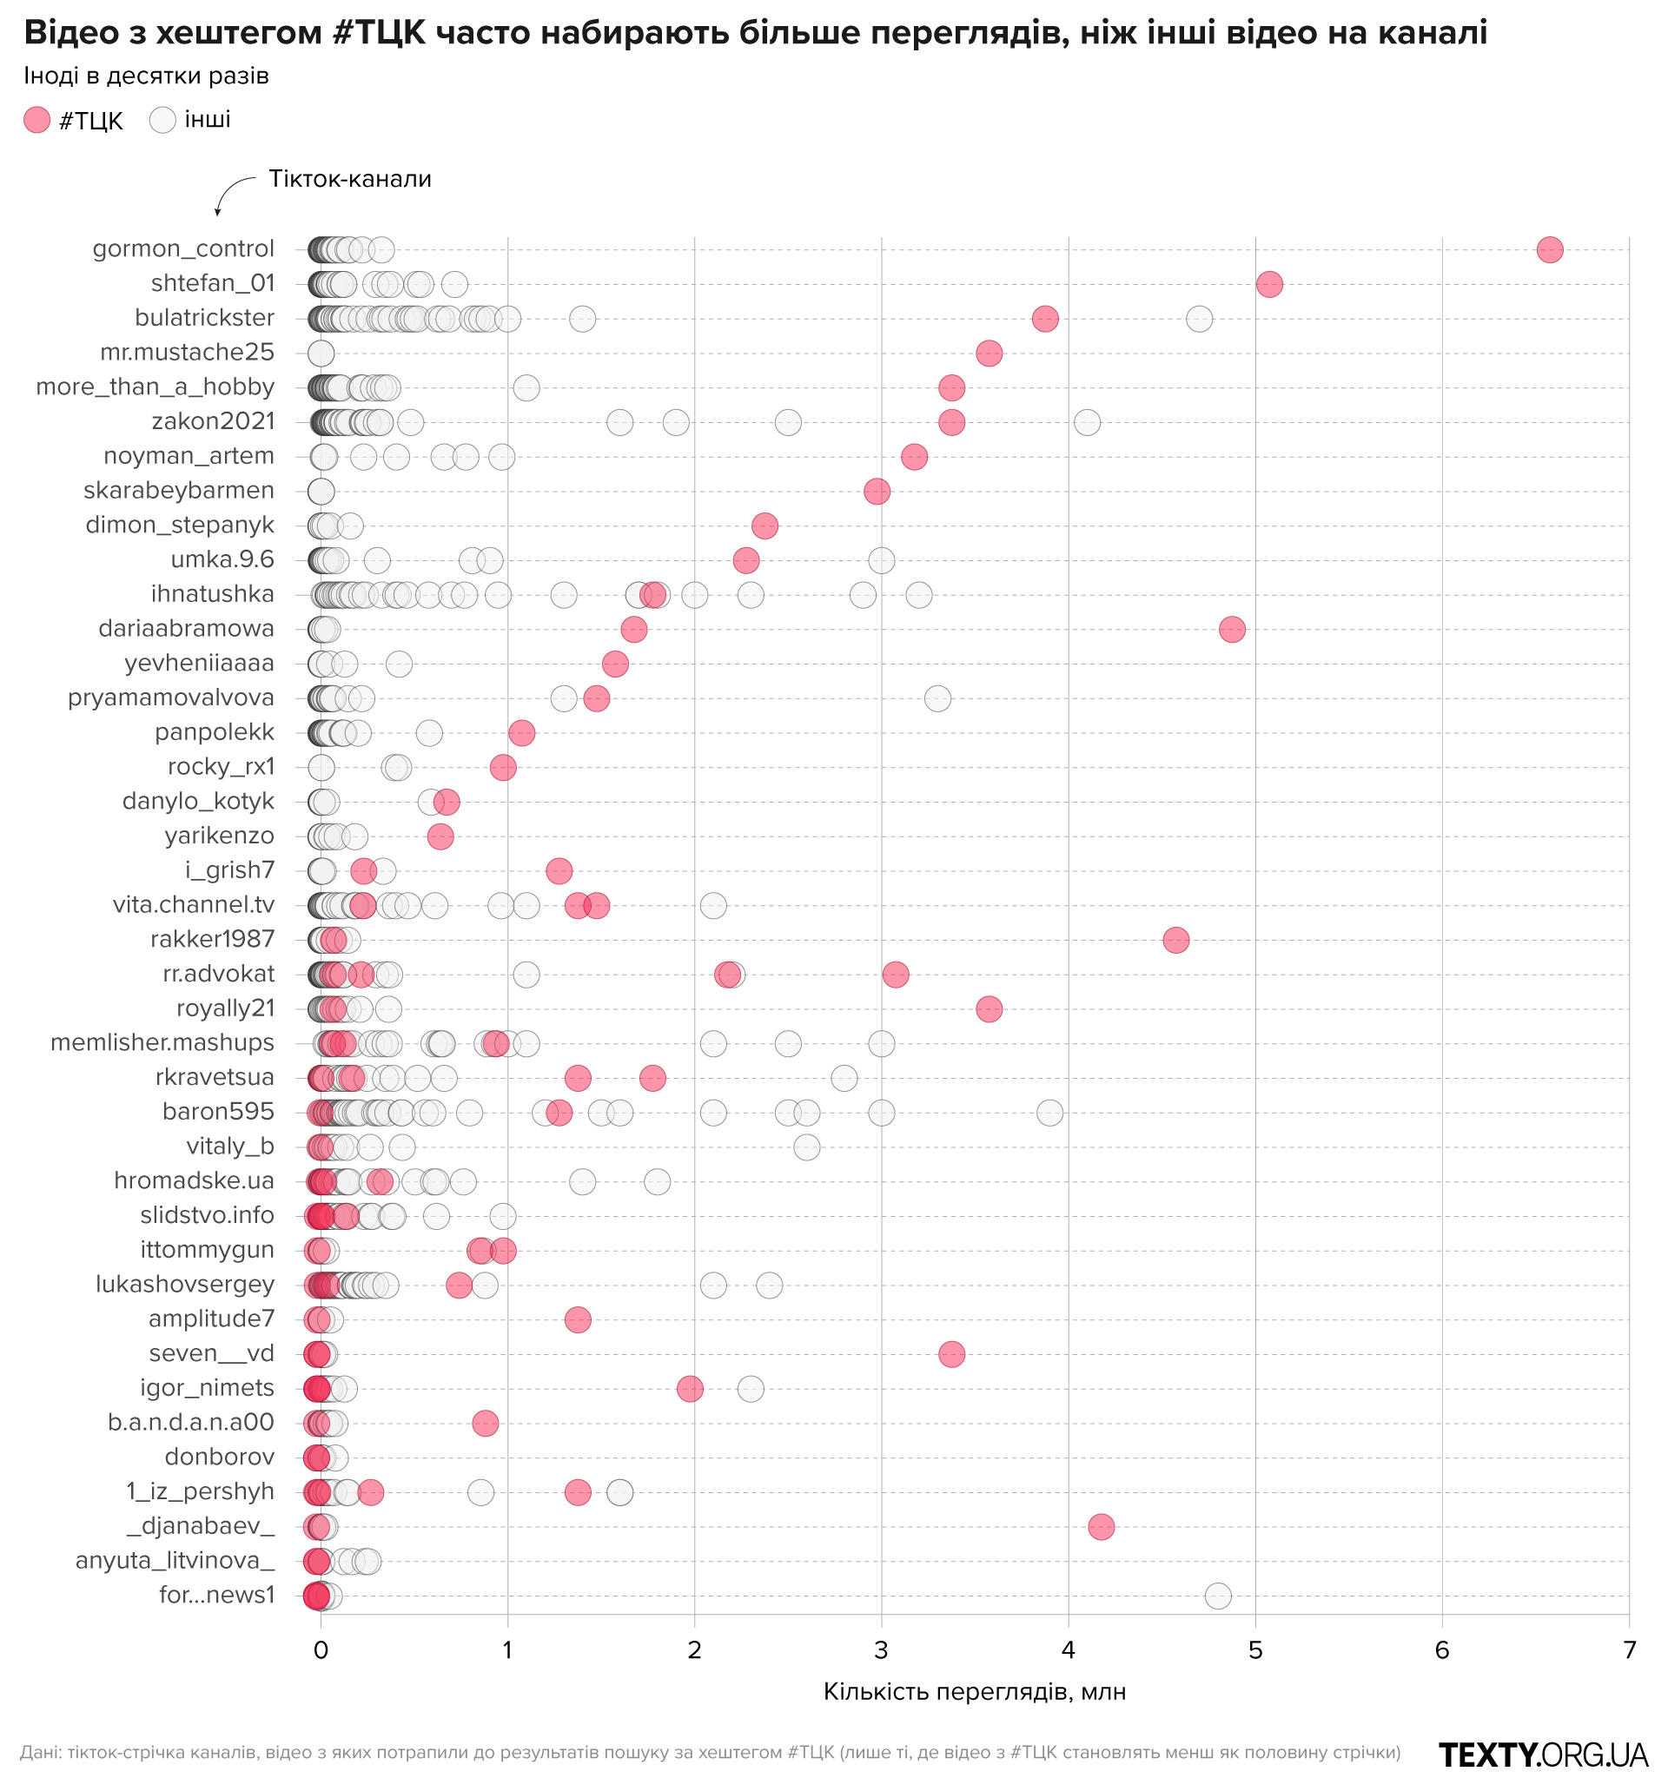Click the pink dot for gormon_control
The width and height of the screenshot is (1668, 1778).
1549,249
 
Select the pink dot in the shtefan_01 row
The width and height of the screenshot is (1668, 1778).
1269,284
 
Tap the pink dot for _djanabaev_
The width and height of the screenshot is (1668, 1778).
1101,1527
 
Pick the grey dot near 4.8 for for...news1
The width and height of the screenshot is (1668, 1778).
1217,1596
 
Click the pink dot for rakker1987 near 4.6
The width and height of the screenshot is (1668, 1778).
1175,940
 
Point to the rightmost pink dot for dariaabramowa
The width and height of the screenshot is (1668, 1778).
1232,629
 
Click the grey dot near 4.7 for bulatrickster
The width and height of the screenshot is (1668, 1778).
1199,319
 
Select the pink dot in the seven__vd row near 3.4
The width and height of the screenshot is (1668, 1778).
951,1354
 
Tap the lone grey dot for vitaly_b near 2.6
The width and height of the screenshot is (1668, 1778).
806,1147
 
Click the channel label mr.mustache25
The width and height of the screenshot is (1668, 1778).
187,353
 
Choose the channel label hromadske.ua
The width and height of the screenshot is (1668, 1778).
194,1180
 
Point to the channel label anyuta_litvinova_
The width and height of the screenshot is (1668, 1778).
175,1561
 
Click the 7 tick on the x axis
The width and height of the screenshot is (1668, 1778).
1629,1650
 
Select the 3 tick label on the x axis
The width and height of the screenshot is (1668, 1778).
881,1650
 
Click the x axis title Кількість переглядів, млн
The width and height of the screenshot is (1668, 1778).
974,1692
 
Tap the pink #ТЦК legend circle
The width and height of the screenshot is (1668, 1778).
36,120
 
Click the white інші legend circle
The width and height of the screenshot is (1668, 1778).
162,120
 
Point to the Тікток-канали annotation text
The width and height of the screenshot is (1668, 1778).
350,179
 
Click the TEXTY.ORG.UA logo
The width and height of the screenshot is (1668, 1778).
1543,1755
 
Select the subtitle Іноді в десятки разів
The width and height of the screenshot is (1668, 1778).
146,76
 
